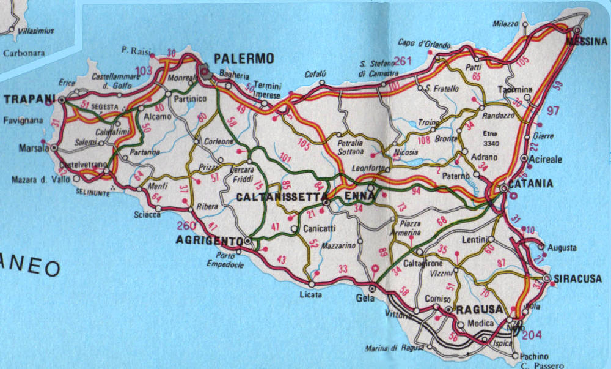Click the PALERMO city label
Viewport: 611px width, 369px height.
tap(243, 59)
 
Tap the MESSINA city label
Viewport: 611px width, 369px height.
tap(587, 42)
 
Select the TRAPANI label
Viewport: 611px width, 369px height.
tap(27, 99)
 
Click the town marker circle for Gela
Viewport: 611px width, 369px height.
tap(372, 288)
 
